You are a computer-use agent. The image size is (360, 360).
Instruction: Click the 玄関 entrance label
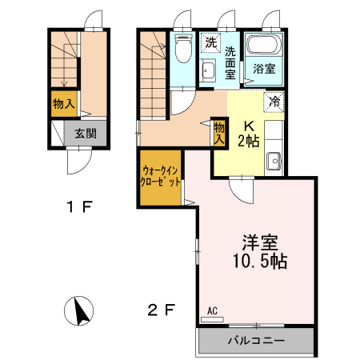click(86, 134)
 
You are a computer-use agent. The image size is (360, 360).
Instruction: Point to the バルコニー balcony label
click(255, 341)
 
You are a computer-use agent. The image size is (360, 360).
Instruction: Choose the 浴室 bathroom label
click(264, 69)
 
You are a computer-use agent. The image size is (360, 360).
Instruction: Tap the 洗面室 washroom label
click(230, 63)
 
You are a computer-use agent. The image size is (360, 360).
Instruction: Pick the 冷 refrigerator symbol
click(274, 102)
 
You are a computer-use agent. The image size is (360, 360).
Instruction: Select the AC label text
click(212, 310)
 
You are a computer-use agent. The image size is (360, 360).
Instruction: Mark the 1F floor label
click(80, 208)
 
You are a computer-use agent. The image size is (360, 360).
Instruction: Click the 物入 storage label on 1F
click(64, 103)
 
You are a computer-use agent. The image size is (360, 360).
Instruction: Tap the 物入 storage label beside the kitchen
click(218, 132)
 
